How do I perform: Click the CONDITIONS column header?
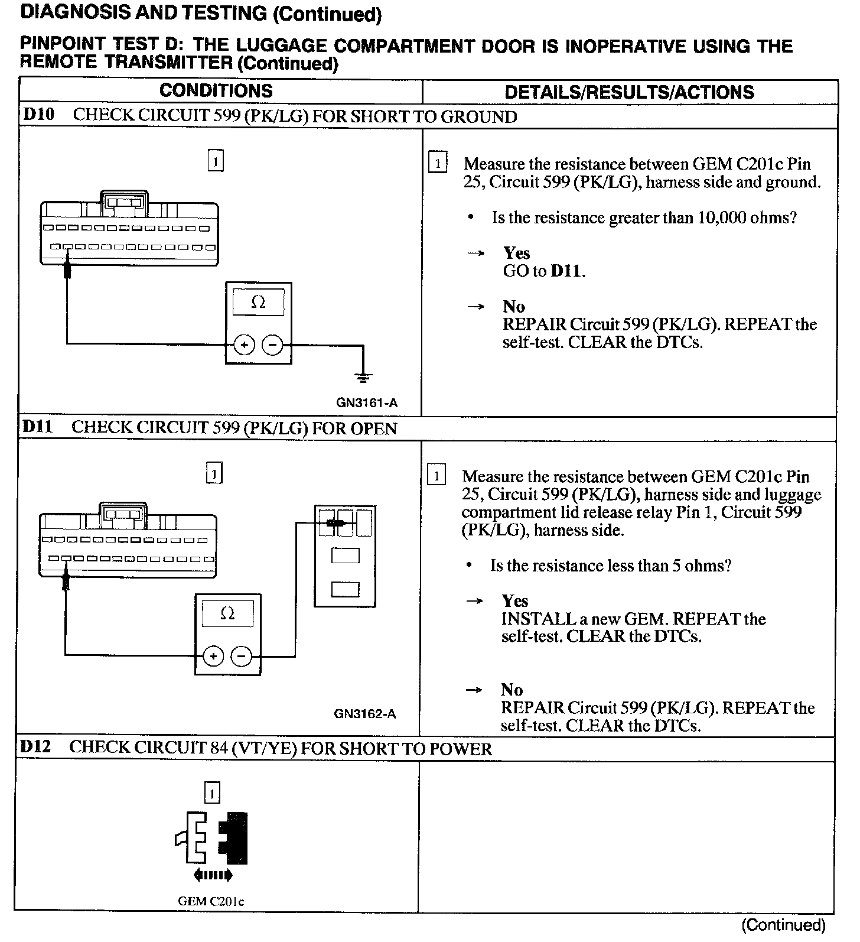pyautogui.click(x=216, y=91)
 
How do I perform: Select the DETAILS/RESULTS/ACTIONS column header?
pyautogui.click(x=629, y=92)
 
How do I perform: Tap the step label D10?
pyautogui.click(x=38, y=115)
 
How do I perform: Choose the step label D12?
pyautogui.click(x=35, y=747)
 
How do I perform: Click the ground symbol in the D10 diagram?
pyautogui.click(x=364, y=376)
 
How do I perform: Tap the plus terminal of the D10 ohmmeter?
pyautogui.click(x=244, y=345)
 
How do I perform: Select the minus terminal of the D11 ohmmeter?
pyautogui.click(x=240, y=656)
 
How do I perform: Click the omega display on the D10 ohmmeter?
pyautogui.click(x=258, y=303)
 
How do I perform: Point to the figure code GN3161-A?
pyautogui.click(x=367, y=403)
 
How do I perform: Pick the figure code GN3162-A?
pyautogui.click(x=365, y=714)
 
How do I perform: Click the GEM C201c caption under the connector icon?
pyautogui.click(x=211, y=901)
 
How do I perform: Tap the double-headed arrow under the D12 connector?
pyautogui.click(x=213, y=875)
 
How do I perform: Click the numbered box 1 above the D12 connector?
pyautogui.click(x=211, y=793)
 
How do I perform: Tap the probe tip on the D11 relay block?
pyautogui.click(x=335, y=522)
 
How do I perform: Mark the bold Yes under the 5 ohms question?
pyautogui.click(x=514, y=601)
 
